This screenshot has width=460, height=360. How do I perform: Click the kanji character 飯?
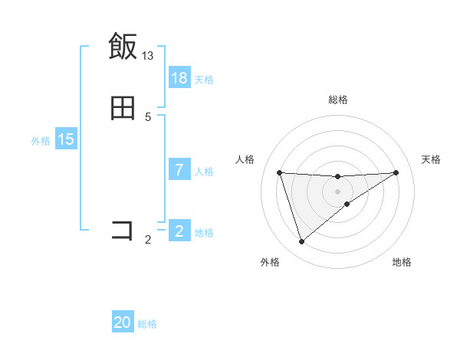123,47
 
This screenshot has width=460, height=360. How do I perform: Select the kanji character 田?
123,108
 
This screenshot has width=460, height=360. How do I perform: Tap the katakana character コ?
123,230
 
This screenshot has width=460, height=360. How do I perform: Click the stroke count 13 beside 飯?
148,55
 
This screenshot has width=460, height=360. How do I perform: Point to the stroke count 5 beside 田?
148,116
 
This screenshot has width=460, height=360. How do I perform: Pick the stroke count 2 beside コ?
148,240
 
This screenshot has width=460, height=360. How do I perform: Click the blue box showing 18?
179,78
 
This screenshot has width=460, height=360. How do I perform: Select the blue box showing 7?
179,170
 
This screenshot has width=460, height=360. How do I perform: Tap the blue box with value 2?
179,231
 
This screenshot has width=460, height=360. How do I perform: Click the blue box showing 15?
66,139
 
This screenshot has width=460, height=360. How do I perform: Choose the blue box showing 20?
123,323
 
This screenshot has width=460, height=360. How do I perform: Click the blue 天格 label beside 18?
204,79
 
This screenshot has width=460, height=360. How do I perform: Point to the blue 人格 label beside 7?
204,171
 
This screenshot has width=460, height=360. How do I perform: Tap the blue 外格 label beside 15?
41,140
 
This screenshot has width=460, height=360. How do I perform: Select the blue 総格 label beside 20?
147,324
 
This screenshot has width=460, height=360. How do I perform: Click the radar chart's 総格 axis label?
337,100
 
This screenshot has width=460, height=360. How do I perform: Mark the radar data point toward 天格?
396,172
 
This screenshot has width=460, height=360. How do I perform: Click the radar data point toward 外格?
301,242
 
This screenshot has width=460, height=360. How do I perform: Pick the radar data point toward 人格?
279,172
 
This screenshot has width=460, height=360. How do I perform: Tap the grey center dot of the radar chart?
337,191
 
